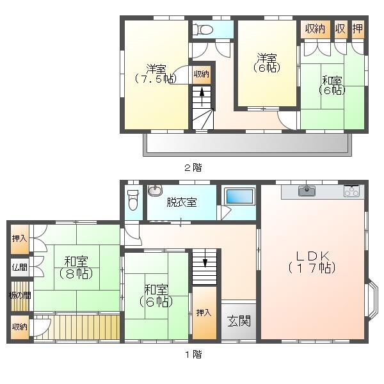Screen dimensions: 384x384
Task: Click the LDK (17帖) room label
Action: [312, 262]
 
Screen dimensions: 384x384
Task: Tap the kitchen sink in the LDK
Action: [307, 191]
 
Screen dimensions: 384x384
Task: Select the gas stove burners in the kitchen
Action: [351, 191]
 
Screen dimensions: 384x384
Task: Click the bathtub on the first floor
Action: [239, 196]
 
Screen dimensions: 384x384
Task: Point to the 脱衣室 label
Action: [182, 202]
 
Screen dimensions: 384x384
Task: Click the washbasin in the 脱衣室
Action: [155, 190]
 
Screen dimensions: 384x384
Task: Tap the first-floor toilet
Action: [133, 200]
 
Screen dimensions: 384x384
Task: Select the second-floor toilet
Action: [203, 29]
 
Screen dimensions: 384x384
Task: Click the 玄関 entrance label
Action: [239, 321]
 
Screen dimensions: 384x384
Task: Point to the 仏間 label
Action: [20, 267]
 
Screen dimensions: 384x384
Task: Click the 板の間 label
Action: [20, 296]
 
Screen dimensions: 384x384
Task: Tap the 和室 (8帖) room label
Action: [76, 268]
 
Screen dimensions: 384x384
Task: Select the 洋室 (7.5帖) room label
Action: [156, 74]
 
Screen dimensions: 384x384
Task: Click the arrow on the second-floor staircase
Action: [202, 97]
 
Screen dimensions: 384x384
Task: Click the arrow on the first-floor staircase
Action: [205, 258]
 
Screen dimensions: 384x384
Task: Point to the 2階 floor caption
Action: [193, 168]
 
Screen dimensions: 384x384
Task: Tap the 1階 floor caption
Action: [193, 354]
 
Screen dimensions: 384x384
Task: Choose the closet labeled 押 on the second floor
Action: [358, 29]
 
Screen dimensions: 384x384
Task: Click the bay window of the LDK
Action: [371, 300]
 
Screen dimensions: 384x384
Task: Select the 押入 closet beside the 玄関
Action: [204, 313]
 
